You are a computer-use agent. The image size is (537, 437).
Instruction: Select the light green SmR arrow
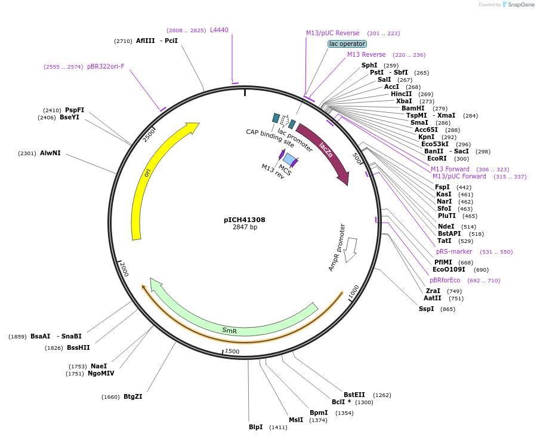230,330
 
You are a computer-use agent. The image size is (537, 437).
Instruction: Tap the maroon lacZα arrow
325,150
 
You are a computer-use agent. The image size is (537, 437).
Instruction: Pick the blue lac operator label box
347,44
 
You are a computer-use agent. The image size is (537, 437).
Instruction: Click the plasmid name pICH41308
245,220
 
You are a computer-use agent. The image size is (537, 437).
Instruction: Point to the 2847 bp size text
245,227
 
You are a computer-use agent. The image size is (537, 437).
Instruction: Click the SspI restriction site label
427,309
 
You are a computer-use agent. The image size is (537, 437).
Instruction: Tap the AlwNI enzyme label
50,153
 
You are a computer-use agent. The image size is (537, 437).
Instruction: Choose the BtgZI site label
132,396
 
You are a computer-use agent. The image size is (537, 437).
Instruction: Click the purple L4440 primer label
219,30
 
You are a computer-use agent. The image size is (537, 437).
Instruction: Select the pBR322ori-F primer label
106,66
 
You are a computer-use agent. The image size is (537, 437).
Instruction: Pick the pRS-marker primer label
454,251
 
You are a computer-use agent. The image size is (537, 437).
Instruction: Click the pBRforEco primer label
445,280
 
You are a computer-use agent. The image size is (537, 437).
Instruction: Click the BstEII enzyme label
354,395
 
